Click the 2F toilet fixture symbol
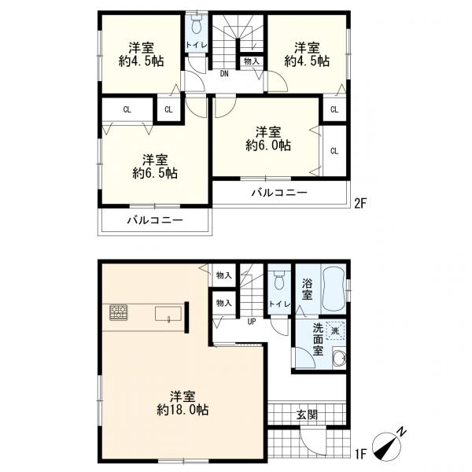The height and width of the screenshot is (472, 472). tap(197, 24)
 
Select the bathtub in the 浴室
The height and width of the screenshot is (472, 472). tap(334, 289)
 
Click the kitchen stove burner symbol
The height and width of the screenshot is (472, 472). tap(118, 312)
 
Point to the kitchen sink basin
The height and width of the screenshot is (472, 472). tap(168, 314)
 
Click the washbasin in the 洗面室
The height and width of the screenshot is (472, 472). tap(339, 359)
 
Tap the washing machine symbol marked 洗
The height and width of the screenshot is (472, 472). tap(335, 330)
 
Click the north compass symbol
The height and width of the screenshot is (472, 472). tap(388, 445)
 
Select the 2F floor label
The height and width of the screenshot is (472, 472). tap(360, 204)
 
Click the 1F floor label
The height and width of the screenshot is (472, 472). tap(360, 463)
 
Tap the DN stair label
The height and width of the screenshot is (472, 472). tap(224, 74)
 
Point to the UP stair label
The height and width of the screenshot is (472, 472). tap(252, 322)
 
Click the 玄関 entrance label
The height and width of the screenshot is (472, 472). tap(308, 415)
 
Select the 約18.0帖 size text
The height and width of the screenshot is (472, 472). tap(183, 410)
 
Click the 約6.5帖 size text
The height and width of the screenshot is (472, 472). tap(155, 173)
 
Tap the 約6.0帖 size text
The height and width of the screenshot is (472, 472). tap(268, 146)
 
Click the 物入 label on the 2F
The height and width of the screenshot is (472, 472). tap(252, 61)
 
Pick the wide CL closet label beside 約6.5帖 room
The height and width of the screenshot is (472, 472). tap(127, 109)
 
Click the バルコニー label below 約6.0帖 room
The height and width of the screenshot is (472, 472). tap(279, 193)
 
